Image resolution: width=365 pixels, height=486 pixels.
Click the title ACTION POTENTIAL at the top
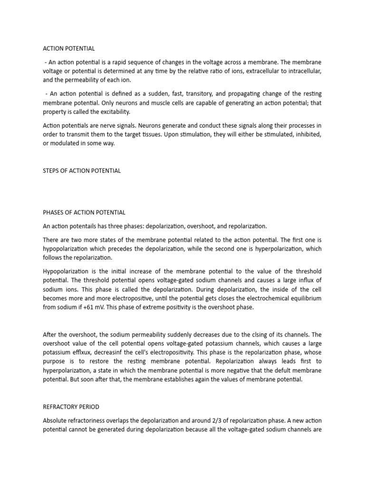(x=69, y=48)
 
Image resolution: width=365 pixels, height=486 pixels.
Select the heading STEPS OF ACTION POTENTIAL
(x=82, y=171)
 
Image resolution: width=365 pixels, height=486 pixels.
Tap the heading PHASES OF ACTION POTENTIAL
(x=84, y=212)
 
